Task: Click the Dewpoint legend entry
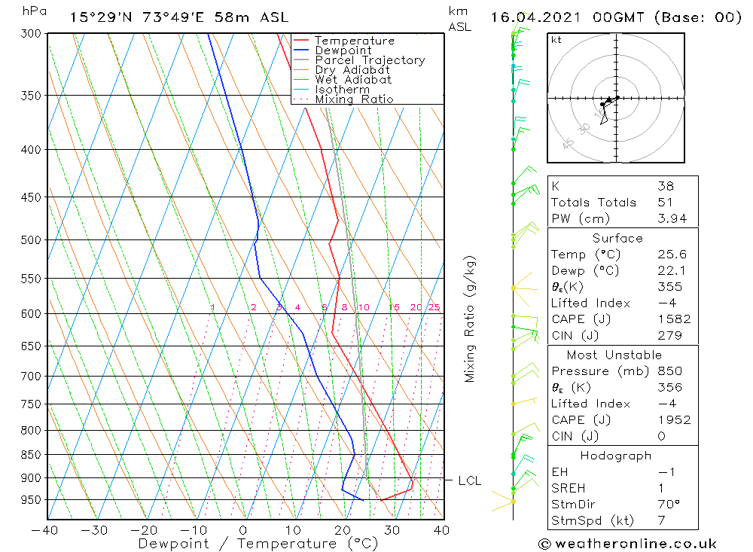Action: (x=343, y=50)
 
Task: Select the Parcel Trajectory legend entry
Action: (x=370, y=60)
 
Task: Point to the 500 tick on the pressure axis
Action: (x=32, y=240)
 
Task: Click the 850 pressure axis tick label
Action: (x=32, y=455)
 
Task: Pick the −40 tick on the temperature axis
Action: (x=45, y=530)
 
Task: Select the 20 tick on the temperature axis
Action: (x=343, y=530)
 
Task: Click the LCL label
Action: (x=469, y=480)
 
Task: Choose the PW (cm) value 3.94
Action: (x=669, y=218)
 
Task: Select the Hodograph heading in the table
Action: (x=616, y=456)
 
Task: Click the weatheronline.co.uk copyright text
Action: (x=629, y=544)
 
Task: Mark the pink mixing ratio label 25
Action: (x=434, y=307)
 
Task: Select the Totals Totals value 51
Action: (x=665, y=202)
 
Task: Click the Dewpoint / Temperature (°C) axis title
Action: (x=258, y=543)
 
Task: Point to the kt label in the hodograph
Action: (x=556, y=40)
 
